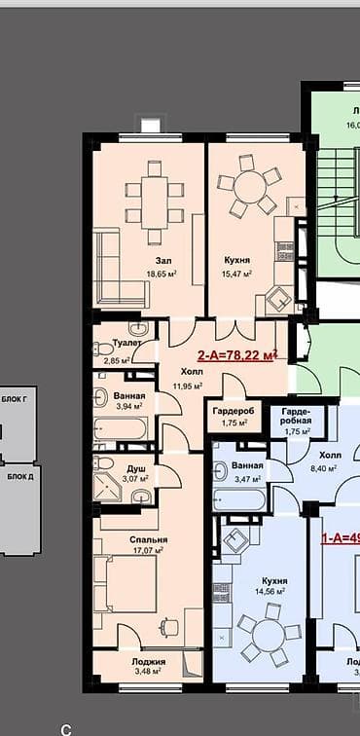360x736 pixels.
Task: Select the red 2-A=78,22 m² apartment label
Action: pos(237,356)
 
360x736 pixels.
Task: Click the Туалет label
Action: pos(127,344)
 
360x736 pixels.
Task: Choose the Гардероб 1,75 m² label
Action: pos(234,411)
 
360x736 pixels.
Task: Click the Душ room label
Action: pos(137,468)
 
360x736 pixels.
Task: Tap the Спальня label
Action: pos(149,539)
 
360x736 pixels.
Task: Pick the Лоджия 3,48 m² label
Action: pos(149,662)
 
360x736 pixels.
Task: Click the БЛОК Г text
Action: pos(14,399)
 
